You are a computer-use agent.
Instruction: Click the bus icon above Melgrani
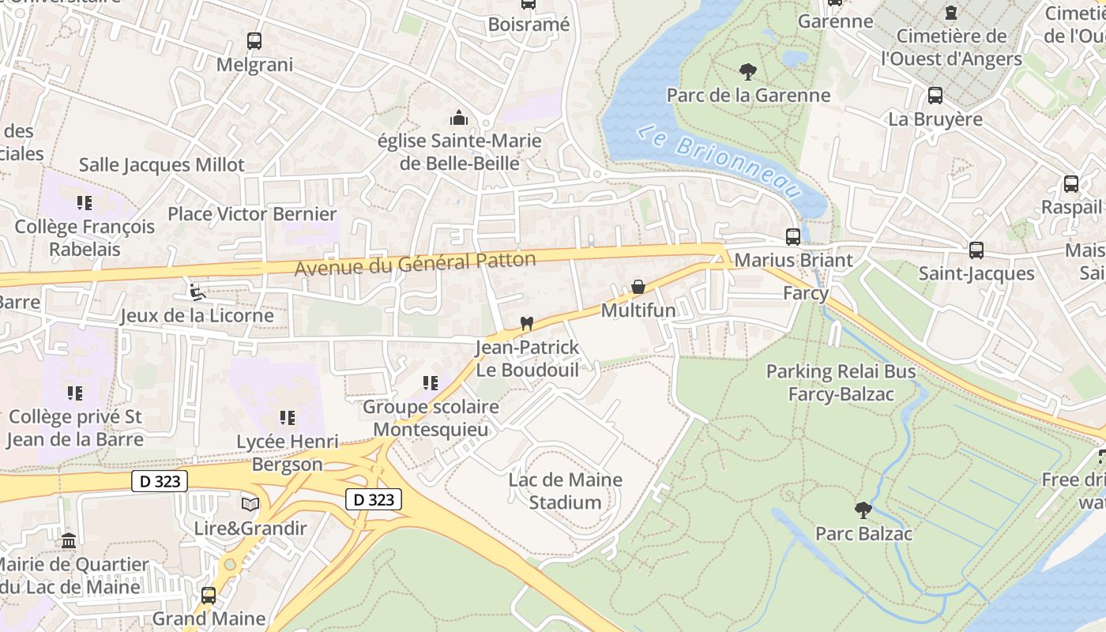(x=254, y=41)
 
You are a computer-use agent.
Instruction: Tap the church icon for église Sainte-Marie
(x=459, y=118)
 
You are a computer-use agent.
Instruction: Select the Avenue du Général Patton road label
(x=416, y=264)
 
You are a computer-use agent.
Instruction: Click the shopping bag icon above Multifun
(x=638, y=287)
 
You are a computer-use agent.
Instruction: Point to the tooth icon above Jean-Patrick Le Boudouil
(x=527, y=323)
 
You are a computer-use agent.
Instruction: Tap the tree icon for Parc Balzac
(x=863, y=510)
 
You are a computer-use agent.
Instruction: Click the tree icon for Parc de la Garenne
(x=747, y=72)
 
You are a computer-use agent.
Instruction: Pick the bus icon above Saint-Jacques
(x=976, y=250)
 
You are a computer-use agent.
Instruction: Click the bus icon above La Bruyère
(x=935, y=96)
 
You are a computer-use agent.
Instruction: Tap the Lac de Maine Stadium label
(x=565, y=491)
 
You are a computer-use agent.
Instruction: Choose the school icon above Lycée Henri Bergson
(x=288, y=417)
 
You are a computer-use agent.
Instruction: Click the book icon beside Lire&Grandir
(x=250, y=504)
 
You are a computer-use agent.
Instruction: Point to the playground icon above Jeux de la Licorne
(x=197, y=292)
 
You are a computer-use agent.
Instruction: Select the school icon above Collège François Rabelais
(x=85, y=203)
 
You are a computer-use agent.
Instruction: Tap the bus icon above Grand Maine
(x=209, y=595)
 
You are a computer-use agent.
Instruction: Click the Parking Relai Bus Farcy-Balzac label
(x=841, y=382)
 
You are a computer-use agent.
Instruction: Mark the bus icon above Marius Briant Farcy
(x=792, y=236)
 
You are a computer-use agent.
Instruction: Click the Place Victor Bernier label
(x=252, y=214)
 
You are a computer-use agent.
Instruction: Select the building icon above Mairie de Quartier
(x=69, y=541)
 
